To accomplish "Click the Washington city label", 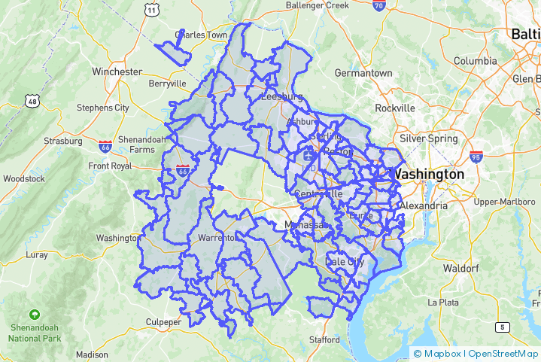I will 430,174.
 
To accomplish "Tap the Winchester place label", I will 117,71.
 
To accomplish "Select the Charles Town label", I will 201,35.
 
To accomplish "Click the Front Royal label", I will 110,166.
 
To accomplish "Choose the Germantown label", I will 363,73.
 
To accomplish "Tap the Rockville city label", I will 395,108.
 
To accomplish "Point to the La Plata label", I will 443,302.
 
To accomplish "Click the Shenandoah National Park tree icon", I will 34,314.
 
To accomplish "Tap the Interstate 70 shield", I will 379,6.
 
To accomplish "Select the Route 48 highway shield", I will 32,100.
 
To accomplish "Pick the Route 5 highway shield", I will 502,327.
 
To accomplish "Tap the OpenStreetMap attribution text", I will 503,353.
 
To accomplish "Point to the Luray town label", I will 37,254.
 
